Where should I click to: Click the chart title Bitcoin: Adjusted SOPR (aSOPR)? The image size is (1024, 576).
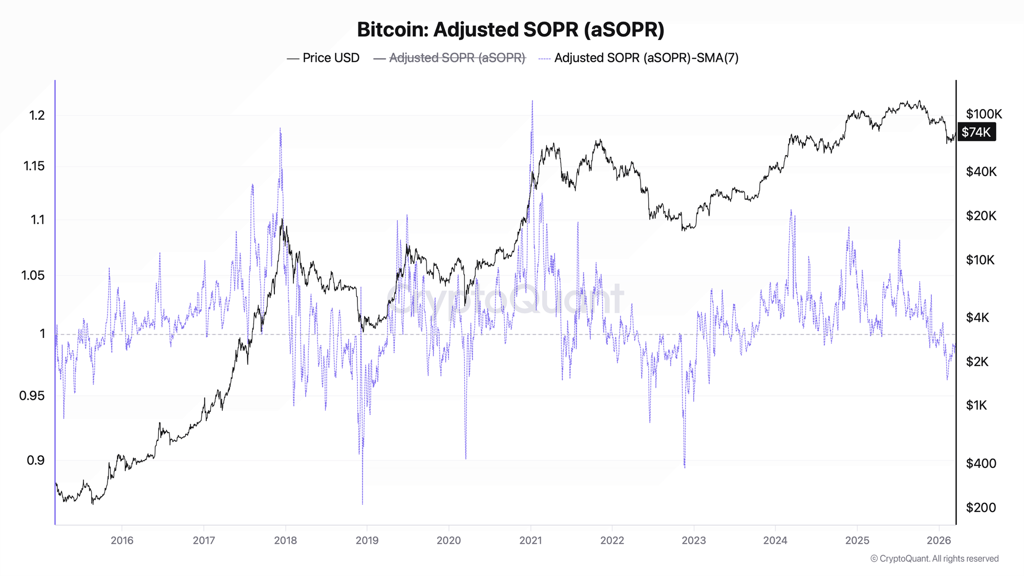pyautogui.click(x=510, y=30)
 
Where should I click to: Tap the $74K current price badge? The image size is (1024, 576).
pyautogui.click(x=976, y=132)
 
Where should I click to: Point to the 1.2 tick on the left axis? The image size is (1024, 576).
pyautogui.click(x=37, y=115)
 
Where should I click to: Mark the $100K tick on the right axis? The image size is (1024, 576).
pyautogui.click(x=984, y=114)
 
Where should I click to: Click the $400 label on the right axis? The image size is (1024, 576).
pyautogui.click(x=981, y=463)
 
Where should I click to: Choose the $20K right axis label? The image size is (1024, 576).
pyautogui.click(x=981, y=216)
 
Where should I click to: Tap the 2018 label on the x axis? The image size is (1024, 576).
pyautogui.click(x=285, y=540)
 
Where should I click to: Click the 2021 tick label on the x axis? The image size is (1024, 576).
pyautogui.click(x=530, y=540)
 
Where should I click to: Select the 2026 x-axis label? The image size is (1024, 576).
pyautogui.click(x=938, y=540)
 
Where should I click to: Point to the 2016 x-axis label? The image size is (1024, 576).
pyautogui.click(x=122, y=540)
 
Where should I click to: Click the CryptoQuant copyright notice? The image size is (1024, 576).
pyautogui.click(x=934, y=559)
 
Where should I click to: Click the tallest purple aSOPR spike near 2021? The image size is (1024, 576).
pyautogui.click(x=532, y=101)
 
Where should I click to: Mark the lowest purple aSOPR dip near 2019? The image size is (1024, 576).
pyautogui.click(x=362, y=503)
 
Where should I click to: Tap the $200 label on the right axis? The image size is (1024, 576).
pyautogui.click(x=981, y=507)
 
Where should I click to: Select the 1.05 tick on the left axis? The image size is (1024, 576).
pyautogui.click(x=33, y=275)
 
